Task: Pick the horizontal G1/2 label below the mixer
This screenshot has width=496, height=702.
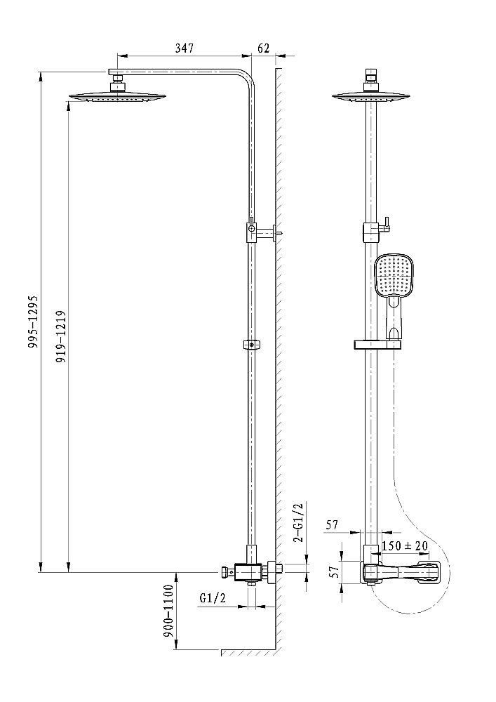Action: [x=213, y=598]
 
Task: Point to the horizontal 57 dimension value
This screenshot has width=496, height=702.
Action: [x=333, y=524]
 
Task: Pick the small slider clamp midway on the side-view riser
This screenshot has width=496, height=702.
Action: [x=251, y=345]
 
